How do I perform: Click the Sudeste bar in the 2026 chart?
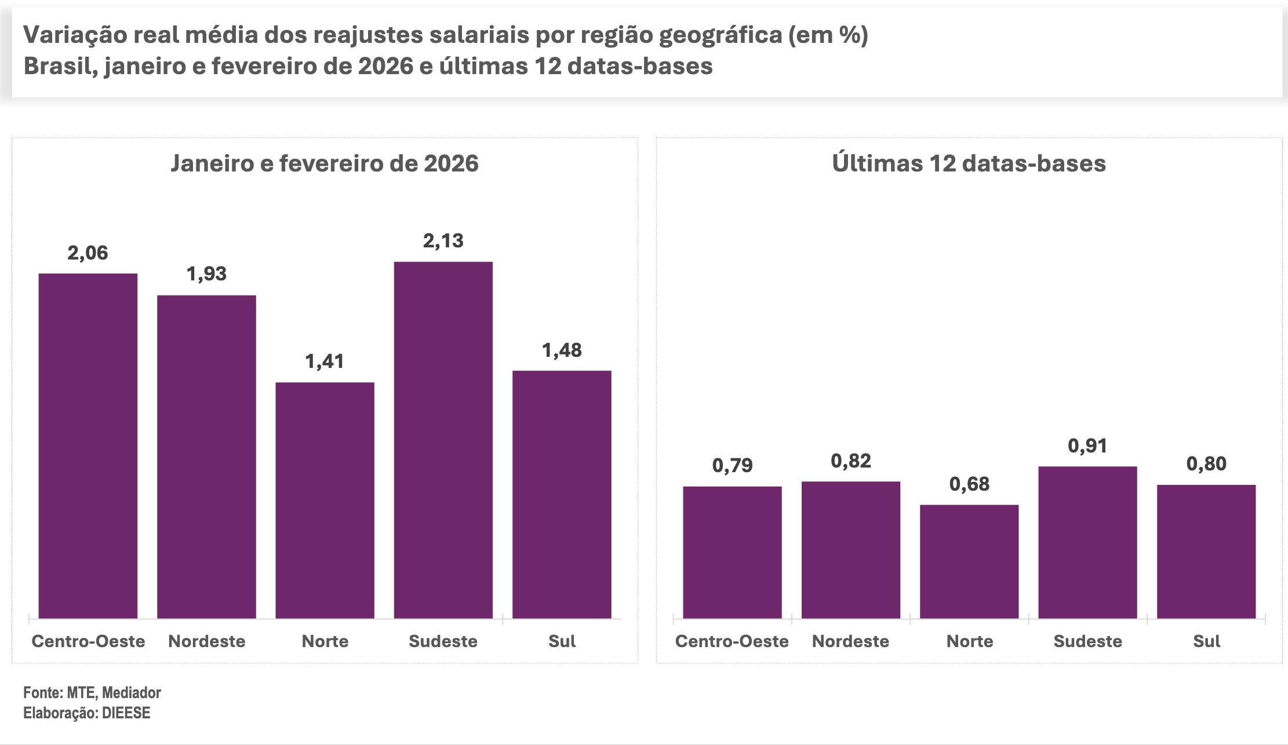coord(443,440)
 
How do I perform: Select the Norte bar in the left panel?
coord(325,501)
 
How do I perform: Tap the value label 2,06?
coord(88,253)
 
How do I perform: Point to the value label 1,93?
coord(206,273)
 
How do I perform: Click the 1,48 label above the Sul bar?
coord(561,350)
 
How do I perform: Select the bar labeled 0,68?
coord(969,561)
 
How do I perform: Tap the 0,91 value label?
coord(1087,445)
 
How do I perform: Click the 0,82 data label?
coord(850,461)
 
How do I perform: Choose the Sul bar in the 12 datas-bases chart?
coord(1206,552)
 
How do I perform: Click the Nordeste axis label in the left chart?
coord(206,641)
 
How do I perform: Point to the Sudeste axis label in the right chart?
coord(1087,641)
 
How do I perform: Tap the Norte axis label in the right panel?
coord(969,641)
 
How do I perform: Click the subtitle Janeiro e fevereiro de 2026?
coord(325,163)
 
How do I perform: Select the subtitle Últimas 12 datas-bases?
coord(969,163)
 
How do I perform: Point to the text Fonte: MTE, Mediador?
coord(92,692)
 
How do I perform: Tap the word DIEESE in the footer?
coord(126,713)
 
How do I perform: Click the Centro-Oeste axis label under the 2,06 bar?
coord(88,641)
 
